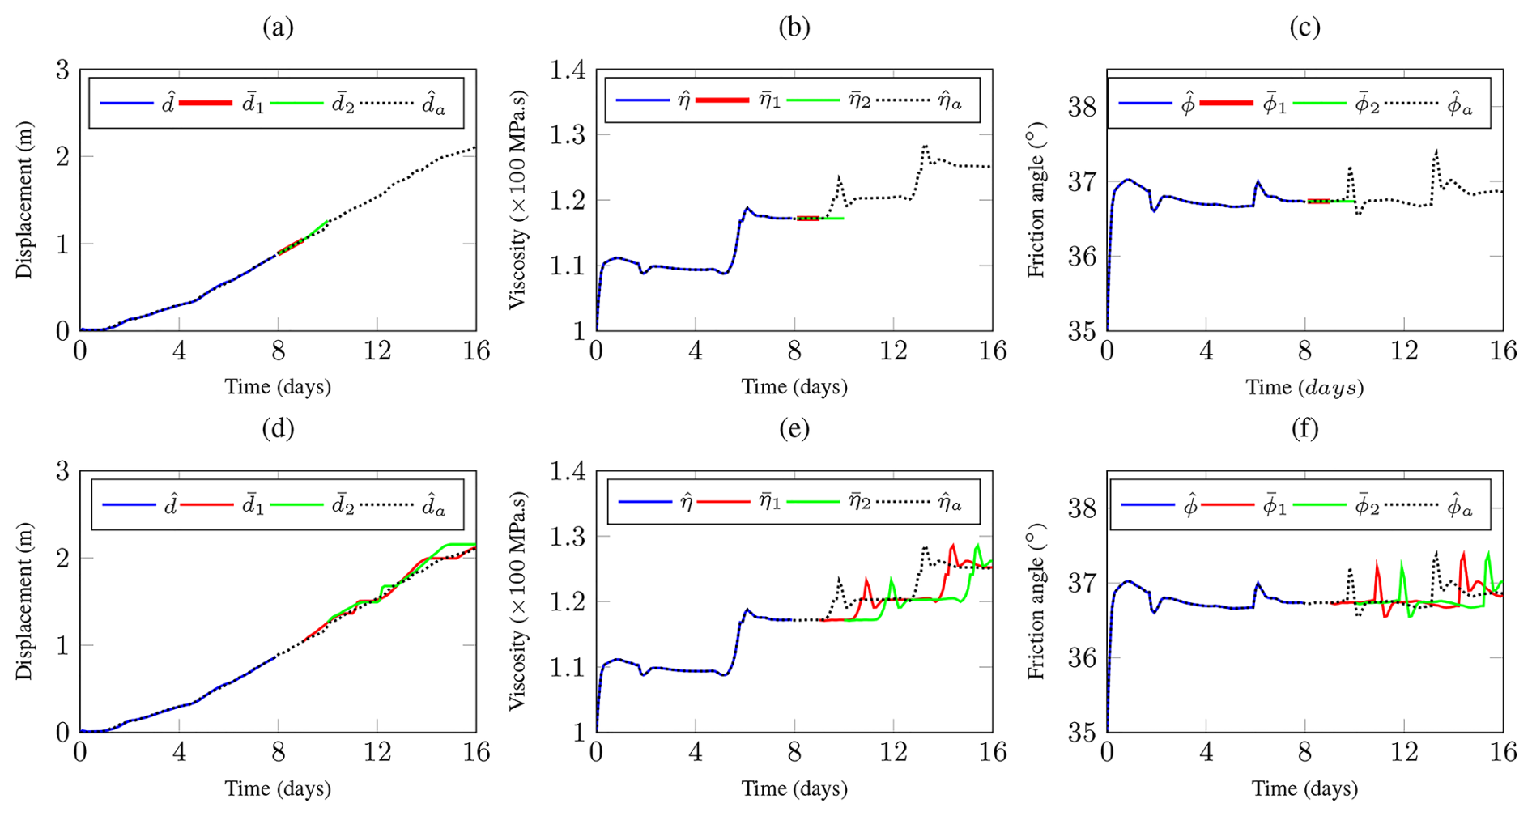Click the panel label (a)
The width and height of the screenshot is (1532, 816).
click(x=278, y=28)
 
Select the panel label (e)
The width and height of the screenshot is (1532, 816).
click(x=794, y=428)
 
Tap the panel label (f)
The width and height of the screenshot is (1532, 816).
click(x=1304, y=428)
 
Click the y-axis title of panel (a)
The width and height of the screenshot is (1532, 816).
click(x=24, y=201)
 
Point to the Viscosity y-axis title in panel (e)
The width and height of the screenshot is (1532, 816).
click(x=519, y=601)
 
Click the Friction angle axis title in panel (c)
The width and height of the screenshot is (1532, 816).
click(x=1036, y=201)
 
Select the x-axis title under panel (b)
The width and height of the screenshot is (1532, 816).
click(x=794, y=387)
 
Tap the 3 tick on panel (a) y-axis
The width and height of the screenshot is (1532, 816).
click(x=62, y=70)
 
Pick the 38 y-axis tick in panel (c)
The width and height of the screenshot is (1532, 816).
click(x=1082, y=107)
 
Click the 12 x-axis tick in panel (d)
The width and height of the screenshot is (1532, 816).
click(x=377, y=752)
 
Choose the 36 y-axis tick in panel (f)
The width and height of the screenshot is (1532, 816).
click(x=1082, y=657)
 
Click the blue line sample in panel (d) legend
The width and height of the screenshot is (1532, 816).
click(x=129, y=505)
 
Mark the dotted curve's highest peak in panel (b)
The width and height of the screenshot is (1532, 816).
click(x=924, y=147)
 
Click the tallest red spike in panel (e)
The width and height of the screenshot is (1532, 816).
click(x=952, y=545)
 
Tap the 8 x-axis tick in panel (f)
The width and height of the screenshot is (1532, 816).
click(x=1304, y=752)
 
